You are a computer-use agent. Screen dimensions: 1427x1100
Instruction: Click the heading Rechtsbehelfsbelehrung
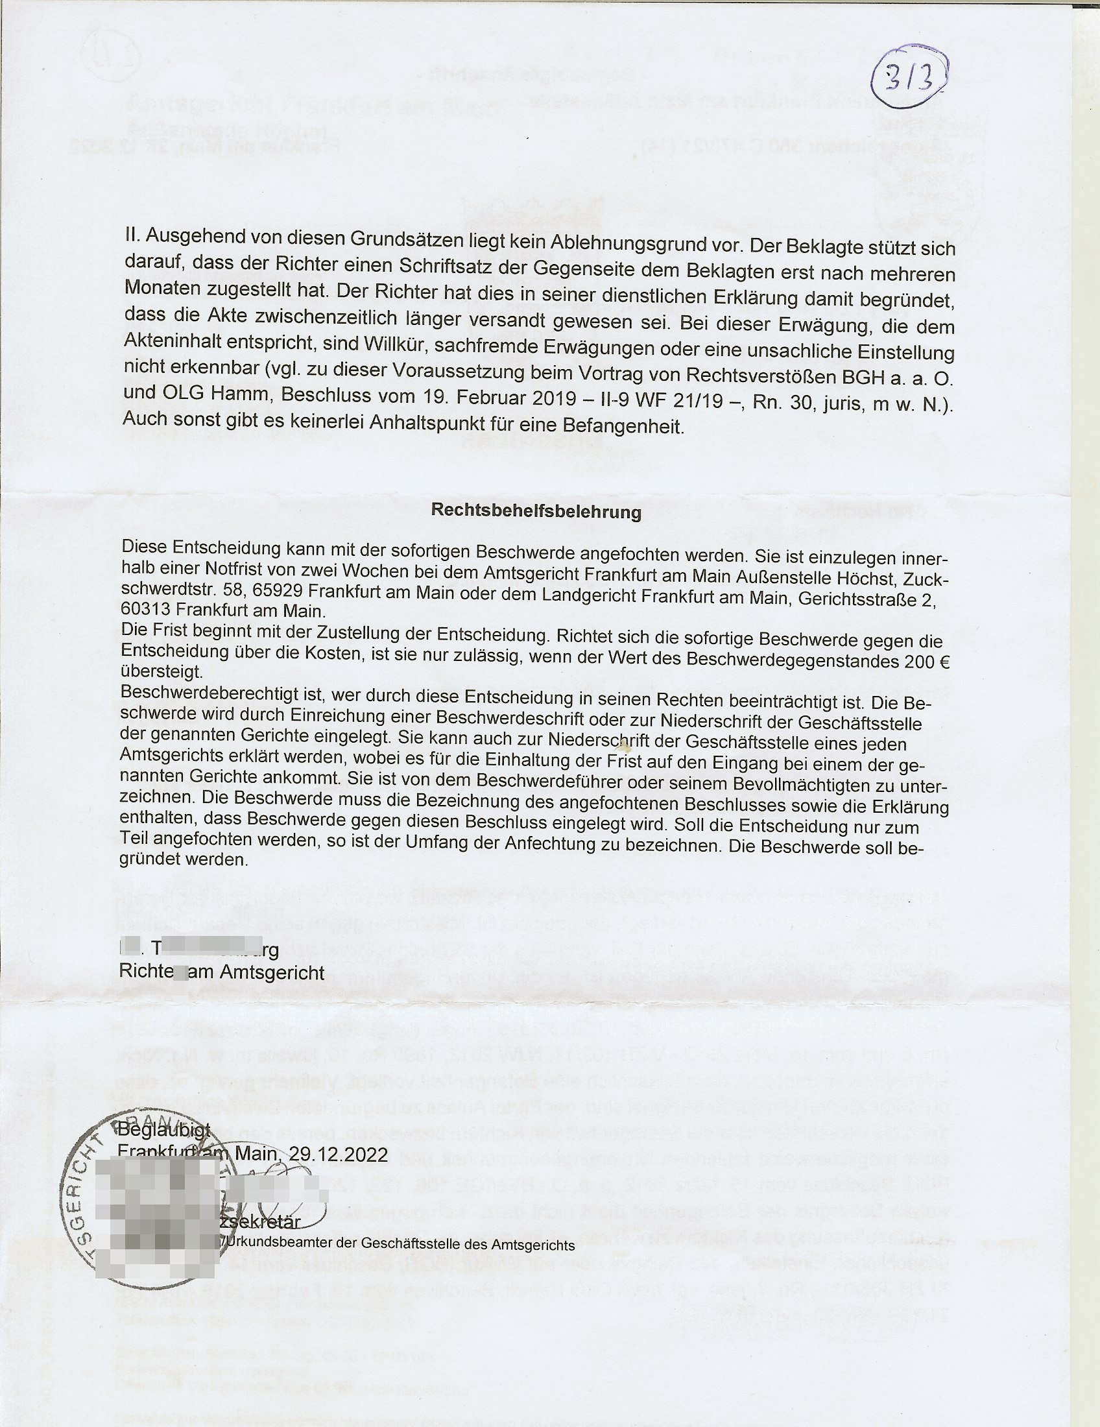click(x=536, y=512)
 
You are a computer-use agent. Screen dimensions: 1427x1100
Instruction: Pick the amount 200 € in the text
click(x=927, y=662)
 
